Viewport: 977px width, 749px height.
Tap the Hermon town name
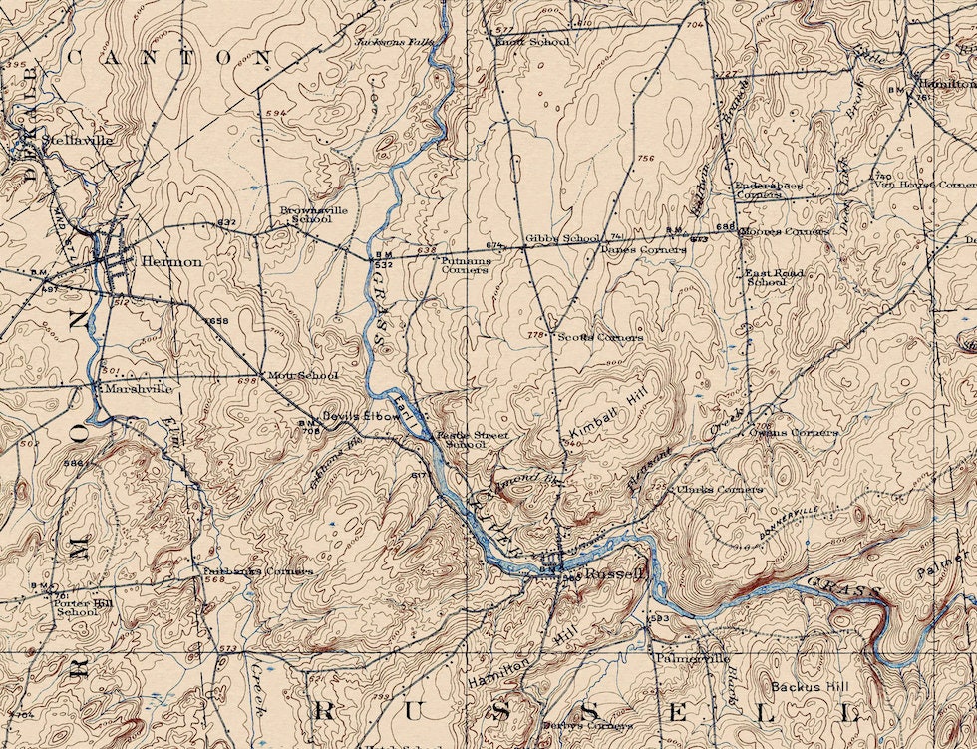(x=172, y=261)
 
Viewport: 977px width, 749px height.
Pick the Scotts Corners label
(x=599, y=338)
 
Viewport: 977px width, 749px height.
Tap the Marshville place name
(x=139, y=388)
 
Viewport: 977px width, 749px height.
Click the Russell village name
(x=615, y=574)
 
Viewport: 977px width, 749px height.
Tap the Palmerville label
(x=692, y=659)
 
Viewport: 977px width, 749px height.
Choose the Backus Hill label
(x=809, y=687)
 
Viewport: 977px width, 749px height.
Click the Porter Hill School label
(x=77, y=606)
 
